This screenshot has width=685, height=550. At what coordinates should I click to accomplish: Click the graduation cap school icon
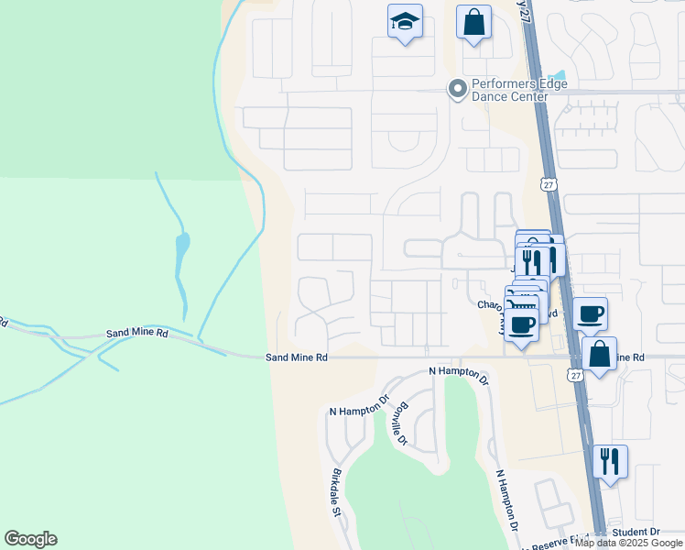tap(404, 22)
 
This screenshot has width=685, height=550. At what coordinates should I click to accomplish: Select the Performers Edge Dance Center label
tap(518, 90)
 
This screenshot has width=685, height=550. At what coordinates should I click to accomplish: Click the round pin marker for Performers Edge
tap(456, 89)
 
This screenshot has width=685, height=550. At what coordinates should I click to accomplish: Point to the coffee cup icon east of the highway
tap(591, 313)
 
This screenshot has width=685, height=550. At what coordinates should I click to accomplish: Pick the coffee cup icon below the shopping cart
tap(522, 324)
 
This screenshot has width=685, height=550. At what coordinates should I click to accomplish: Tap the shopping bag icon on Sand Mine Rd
tap(599, 353)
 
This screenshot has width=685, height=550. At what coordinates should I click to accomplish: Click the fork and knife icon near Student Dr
tap(610, 460)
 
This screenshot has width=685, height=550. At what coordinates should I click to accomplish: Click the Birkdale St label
tap(336, 493)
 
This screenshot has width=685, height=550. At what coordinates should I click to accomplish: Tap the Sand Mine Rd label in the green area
tap(136, 334)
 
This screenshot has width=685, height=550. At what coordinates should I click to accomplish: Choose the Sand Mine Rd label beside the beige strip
tap(297, 357)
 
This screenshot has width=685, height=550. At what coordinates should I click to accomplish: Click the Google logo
tap(30, 539)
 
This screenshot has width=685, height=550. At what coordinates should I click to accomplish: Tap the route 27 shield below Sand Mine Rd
tap(574, 375)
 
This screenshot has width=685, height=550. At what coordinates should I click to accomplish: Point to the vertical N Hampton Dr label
tap(506, 500)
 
